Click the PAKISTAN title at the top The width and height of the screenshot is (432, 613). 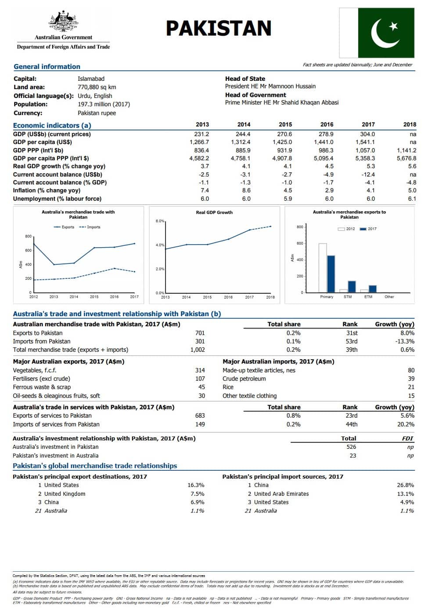pyautogui.click(x=218, y=28)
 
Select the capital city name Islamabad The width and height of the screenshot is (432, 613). pyautogui.click(x=91, y=79)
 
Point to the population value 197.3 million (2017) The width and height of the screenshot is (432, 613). pyautogui.click(x=104, y=104)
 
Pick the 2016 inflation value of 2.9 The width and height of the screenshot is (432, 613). pyautogui.click(x=329, y=190)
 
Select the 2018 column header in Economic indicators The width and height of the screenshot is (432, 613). pyautogui.click(x=409, y=124)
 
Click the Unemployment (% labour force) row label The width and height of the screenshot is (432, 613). pyautogui.click(x=57, y=198)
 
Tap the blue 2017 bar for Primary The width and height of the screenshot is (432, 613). pyautogui.click(x=331, y=274)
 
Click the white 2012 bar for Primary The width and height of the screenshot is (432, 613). pyautogui.click(x=323, y=267)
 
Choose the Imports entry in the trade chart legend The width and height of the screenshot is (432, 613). pyautogui.click(x=94, y=227)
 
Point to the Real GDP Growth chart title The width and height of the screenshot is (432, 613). pyautogui.click(x=214, y=212)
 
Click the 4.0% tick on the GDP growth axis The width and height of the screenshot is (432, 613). pyautogui.click(x=160, y=245)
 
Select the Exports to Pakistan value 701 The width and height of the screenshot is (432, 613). pyautogui.click(x=200, y=333)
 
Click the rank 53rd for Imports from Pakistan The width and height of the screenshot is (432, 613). pyautogui.click(x=351, y=341)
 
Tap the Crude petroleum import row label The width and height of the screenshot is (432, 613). pyautogui.click(x=244, y=379)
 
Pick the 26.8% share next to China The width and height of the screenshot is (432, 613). pyautogui.click(x=405, y=485)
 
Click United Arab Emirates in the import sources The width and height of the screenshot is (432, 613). pyautogui.click(x=281, y=494)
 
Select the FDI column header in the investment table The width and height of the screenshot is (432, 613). pyautogui.click(x=407, y=438)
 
